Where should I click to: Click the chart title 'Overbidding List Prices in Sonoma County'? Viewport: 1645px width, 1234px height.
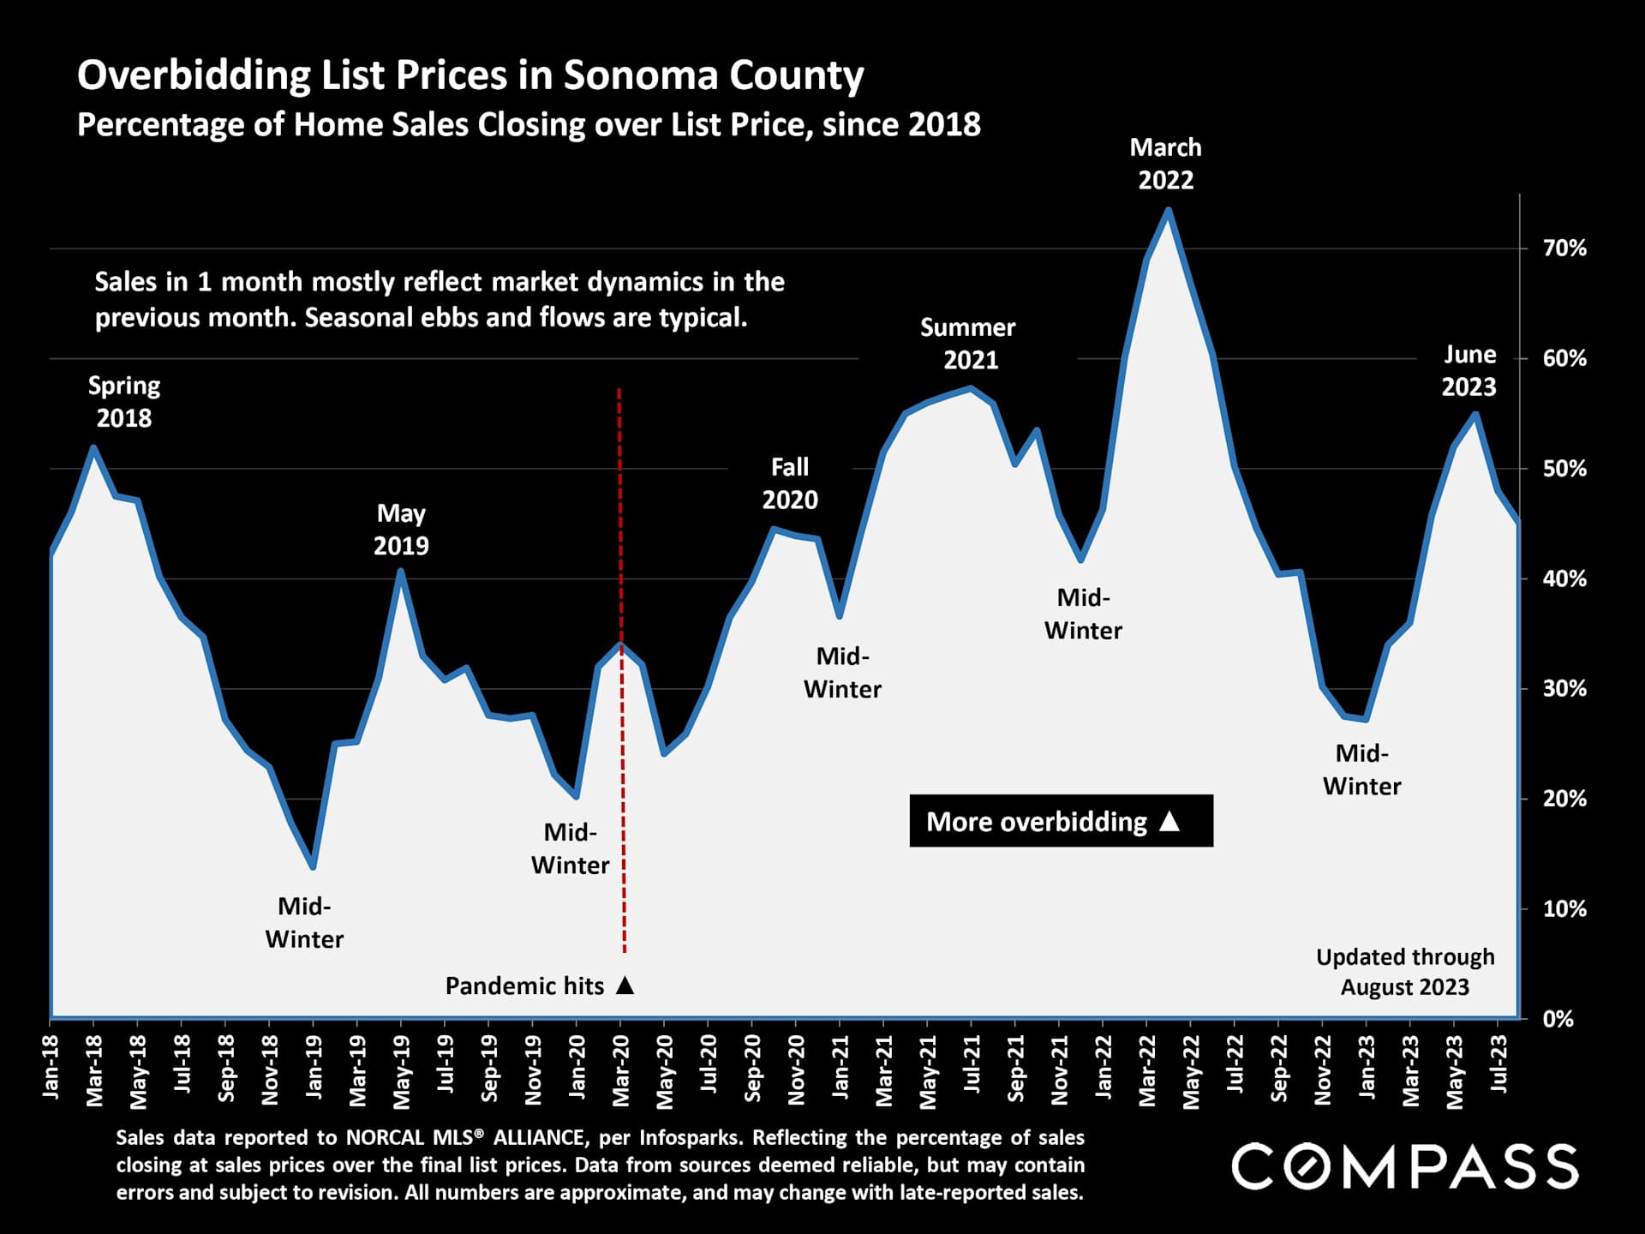[470, 75]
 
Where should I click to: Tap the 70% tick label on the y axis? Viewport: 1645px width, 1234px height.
[1564, 249]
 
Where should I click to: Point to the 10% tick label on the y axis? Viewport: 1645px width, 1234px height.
[1564, 909]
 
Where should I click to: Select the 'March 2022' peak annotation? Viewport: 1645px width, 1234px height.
[1165, 164]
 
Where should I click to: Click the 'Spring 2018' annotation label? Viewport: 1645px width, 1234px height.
[124, 402]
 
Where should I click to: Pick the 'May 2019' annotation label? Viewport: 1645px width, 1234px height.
[401, 530]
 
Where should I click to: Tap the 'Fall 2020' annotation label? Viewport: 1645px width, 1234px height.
[790, 483]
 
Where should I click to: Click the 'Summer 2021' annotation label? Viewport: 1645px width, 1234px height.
[969, 344]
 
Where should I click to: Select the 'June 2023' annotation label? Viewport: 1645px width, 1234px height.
[1469, 370]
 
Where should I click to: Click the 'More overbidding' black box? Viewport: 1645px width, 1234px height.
[1061, 821]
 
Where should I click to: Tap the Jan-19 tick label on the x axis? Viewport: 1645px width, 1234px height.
[314, 1067]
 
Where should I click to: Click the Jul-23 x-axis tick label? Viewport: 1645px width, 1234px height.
[1498, 1064]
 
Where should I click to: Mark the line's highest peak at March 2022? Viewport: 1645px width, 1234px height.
[1168, 210]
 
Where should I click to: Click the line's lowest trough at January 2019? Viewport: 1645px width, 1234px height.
[313, 867]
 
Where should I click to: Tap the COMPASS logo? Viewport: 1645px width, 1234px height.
[1405, 1166]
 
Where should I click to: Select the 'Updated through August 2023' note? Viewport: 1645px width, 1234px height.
[1405, 972]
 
